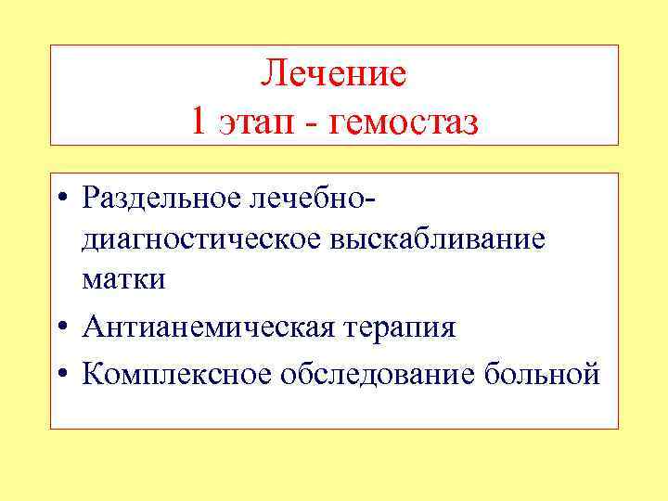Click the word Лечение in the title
[x=334, y=73]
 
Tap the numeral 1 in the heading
[x=199, y=122]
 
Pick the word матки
[x=124, y=280]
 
